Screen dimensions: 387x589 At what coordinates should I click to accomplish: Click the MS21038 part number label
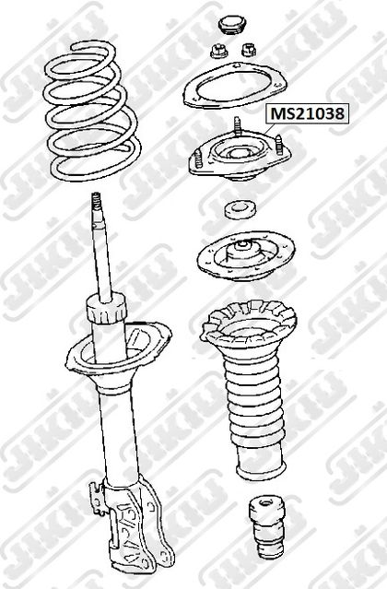tap(308, 113)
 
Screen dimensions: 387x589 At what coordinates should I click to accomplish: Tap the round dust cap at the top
tap(232, 25)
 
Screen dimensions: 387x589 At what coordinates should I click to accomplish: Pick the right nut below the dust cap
tap(248, 50)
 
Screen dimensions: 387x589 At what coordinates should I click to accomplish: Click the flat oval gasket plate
tap(235, 86)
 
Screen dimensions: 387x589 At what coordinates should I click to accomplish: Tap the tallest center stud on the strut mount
tap(237, 126)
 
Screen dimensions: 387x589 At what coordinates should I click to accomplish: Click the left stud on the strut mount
tap(198, 159)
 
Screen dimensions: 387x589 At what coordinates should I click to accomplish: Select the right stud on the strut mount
tap(279, 145)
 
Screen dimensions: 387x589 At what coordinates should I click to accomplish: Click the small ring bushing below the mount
tap(240, 209)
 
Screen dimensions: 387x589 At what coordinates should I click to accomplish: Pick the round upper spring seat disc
tap(246, 255)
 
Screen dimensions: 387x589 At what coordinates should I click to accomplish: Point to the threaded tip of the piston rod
tap(97, 206)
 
